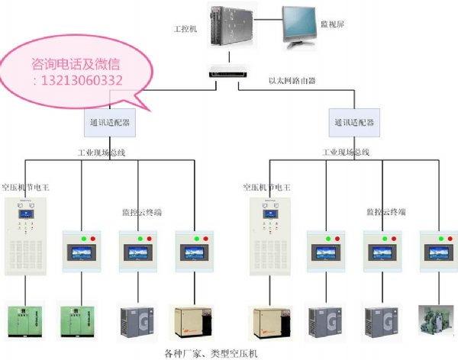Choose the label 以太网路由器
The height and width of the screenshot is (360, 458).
coord(292,79)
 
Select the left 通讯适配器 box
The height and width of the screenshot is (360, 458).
coord(109,121)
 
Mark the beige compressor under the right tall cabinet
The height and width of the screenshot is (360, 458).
coord(270,321)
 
